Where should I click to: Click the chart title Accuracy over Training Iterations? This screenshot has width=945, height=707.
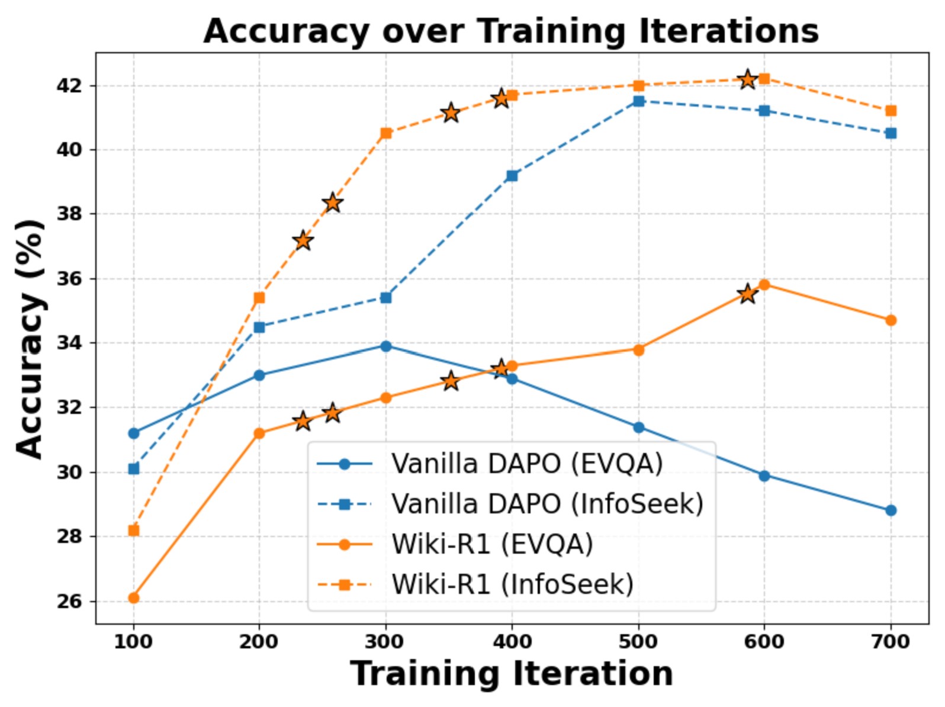(511, 31)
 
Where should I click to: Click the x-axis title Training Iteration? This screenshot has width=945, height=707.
(511, 674)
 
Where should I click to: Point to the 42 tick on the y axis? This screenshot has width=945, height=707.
(69, 86)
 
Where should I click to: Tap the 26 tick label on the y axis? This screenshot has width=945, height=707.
(69, 602)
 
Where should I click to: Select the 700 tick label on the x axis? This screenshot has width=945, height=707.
(891, 642)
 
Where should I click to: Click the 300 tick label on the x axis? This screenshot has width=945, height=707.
(385, 642)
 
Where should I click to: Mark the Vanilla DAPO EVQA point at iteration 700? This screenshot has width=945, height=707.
(891, 510)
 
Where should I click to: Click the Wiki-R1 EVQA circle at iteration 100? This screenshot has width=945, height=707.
(134, 598)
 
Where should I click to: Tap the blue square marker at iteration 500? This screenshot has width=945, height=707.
(638, 101)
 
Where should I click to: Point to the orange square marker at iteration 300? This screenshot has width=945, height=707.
(386, 133)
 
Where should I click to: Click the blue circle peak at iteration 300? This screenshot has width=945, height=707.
(386, 346)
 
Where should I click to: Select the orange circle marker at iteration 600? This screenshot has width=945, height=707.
(764, 285)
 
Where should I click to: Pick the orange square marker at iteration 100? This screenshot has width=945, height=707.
(134, 531)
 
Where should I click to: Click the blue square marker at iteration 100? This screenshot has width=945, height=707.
(134, 469)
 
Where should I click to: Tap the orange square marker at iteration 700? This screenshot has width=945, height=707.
(891, 111)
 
